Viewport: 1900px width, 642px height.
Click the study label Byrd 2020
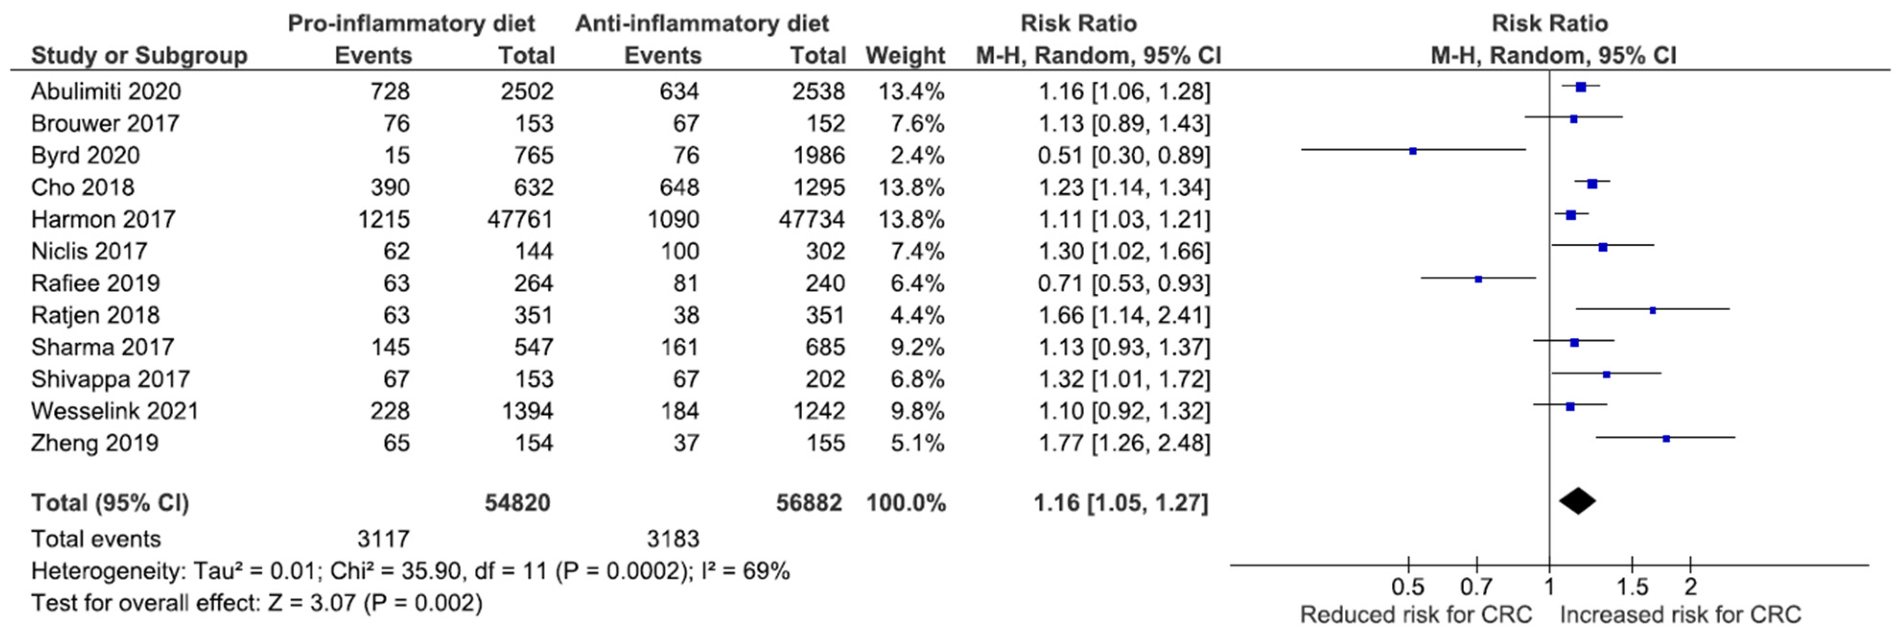click(85, 155)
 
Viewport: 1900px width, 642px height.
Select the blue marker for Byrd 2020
click(1412, 151)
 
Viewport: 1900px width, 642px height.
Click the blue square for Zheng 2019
click(1666, 439)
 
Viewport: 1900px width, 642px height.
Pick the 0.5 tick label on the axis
click(1407, 587)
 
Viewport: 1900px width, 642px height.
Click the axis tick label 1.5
click(1632, 587)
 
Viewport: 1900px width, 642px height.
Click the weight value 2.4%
click(917, 155)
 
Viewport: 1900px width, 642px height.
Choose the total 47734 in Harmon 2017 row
click(811, 220)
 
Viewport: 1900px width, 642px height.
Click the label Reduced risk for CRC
click(1416, 615)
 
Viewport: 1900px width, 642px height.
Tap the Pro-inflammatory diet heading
click(411, 23)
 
